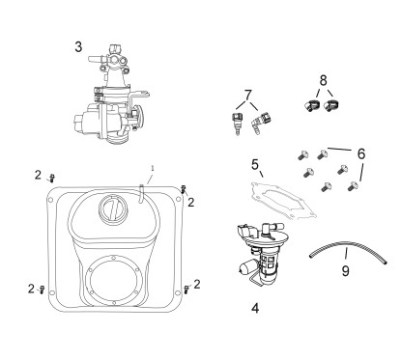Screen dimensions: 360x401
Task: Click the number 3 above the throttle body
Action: (x=79, y=45)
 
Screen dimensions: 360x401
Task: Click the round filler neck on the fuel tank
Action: (x=112, y=208)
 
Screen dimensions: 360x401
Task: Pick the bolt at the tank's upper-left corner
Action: (x=52, y=177)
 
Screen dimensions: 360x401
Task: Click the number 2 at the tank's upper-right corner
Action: (x=191, y=202)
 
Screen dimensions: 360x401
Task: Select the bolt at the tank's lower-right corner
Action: (x=185, y=289)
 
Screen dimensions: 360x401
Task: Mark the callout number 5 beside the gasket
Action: (x=255, y=164)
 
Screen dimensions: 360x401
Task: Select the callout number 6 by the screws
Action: (x=361, y=153)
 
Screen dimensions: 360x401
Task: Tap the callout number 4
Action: (x=254, y=310)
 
